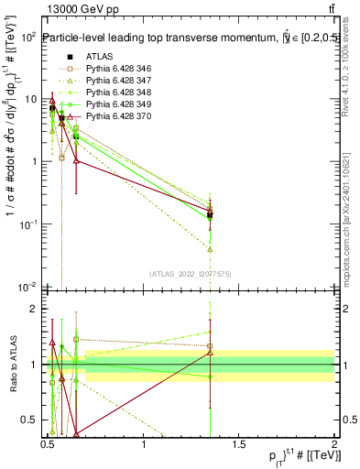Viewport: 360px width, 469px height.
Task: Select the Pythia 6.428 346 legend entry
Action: point(110,69)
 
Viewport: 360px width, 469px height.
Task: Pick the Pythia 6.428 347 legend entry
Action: point(110,81)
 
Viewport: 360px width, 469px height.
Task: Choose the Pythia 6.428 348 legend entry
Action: point(110,93)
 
